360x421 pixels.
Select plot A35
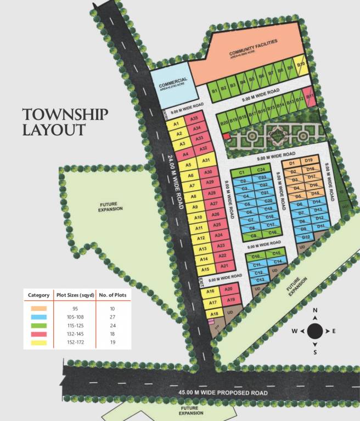[193, 118]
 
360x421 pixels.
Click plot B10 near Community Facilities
[300, 65]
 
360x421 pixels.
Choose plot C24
[262, 170]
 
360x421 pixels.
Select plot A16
[210, 292]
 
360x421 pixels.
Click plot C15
[277, 253]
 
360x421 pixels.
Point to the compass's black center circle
[314, 331]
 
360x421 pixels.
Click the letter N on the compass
[315, 311]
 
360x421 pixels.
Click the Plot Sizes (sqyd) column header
[74, 295]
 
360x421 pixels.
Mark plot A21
[223, 266]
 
